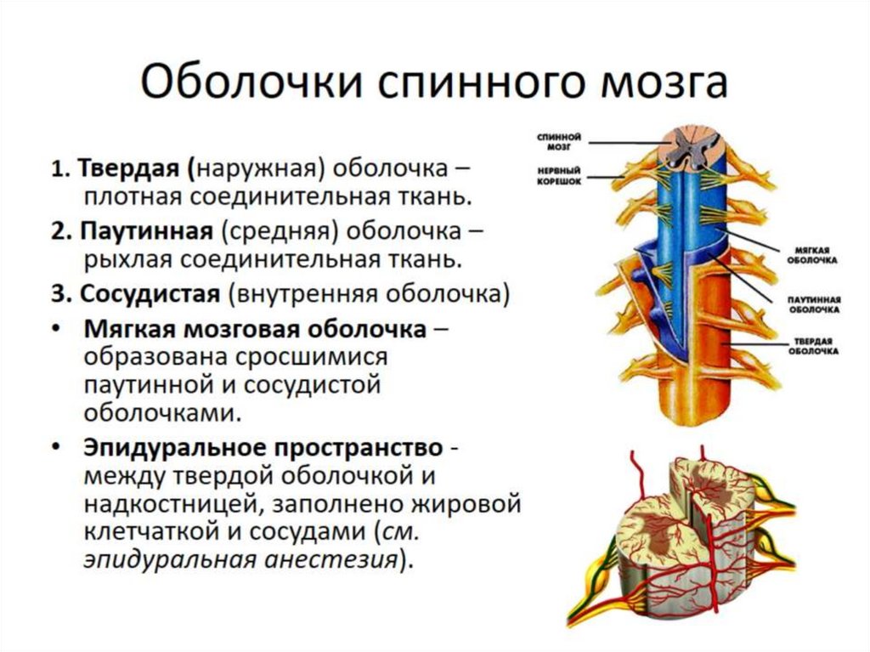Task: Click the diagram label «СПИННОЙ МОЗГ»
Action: pyautogui.click(x=558, y=140)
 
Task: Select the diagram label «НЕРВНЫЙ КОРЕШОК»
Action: pyautogui.click(x=558, y=176)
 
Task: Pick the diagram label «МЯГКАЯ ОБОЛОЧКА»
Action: pyautogui.click(x=816, y=255)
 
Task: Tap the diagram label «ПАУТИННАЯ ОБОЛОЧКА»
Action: pyautogui.click(x=816, y=305)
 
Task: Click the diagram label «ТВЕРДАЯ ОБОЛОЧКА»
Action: pyautogui.click(x=816, y=346)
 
